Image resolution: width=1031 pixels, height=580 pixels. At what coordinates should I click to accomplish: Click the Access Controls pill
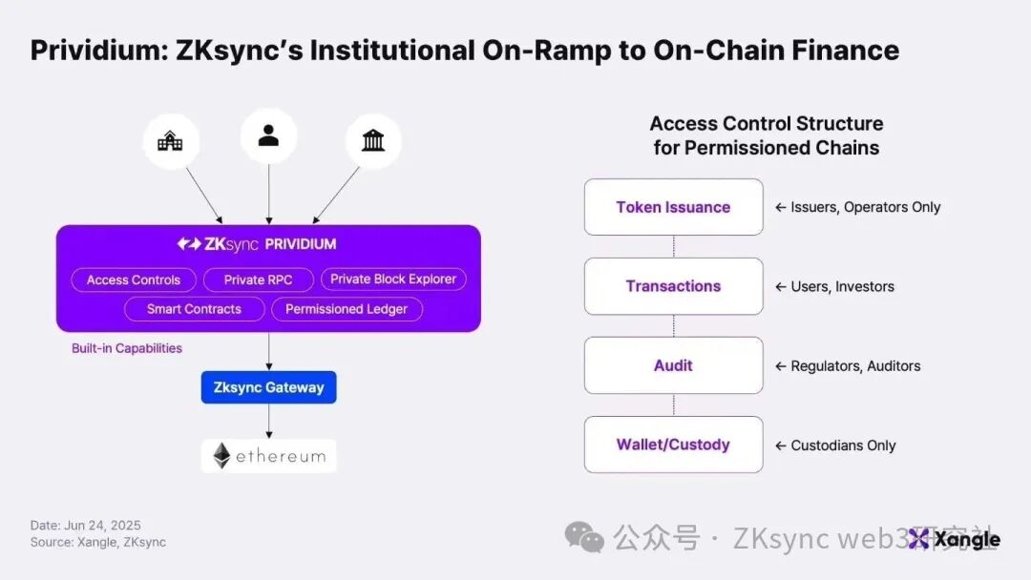[x=134, y=280]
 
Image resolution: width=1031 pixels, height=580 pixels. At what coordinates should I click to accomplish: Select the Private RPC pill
[x=258, y=280]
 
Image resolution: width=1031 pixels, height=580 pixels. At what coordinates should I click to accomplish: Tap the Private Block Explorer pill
[x=393, y=279]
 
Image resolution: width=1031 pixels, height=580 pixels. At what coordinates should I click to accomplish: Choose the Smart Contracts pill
[x=194, y=308]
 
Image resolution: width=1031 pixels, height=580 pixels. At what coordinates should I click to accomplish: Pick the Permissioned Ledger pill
[x=347, y=308]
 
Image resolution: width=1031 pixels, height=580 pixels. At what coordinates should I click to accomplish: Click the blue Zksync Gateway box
[x=268, y=387]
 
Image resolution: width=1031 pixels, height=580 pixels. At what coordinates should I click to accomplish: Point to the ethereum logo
[x=268, y=456]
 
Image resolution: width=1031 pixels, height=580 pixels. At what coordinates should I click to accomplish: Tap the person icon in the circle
[x=268, y=136]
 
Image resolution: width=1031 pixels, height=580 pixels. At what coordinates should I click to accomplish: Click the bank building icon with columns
[x=373, y=142]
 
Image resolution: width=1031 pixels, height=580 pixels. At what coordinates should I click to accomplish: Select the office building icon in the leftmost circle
[x=170, y=142]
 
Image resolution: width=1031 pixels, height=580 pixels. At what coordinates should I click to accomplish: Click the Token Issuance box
[x=673, y=207]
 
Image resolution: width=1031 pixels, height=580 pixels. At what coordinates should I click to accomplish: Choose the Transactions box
[x=673, y=286]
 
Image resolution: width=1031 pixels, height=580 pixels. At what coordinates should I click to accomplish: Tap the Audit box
[x=673, y=365]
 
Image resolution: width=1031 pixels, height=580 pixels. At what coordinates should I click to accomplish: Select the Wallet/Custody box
[x=673, y=445]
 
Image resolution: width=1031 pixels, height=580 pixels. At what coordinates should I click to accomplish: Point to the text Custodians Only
[x=843, y=445]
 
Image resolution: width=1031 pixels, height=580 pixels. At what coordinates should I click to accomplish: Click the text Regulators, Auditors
[x=855, y=366]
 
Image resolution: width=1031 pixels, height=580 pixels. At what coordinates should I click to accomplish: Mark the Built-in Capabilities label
[x=127, y=348]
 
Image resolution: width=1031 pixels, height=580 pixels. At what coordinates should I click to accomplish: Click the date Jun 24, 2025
[x=102, y=525]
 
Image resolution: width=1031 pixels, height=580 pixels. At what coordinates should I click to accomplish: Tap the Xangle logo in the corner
[x=954, y=539]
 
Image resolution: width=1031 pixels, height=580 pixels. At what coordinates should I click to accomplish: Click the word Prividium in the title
[x=91, y=50]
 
